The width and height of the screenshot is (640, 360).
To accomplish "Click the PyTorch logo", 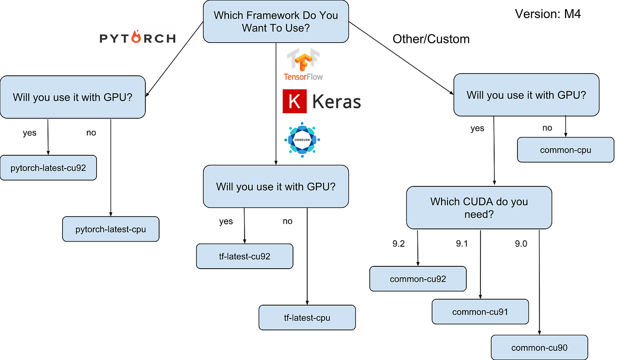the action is tap(138, 37).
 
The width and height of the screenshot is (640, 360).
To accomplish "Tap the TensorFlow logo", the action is tap(303, 64).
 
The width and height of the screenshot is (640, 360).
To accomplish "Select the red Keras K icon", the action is tap(294, 101).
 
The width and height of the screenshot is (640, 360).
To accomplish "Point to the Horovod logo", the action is tap(302, 140).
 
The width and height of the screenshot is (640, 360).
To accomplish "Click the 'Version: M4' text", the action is tap(548, 14).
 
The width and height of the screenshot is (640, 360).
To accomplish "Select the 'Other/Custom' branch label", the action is tap(431, 39).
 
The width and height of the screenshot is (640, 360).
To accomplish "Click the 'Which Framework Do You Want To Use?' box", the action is tap(276, 21).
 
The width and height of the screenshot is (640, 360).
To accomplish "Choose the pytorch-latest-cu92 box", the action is tap(48, 168).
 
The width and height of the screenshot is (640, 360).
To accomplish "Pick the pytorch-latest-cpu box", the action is tap(111, 229).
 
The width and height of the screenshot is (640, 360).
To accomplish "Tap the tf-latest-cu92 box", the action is tap(245, 256).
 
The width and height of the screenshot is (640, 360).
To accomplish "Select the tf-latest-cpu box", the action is tap(307, 318).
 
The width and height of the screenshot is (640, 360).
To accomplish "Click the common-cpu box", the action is tap(565, 150).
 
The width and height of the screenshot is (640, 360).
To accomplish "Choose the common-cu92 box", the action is tap(418, 279).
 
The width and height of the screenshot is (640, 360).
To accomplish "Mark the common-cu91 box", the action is tap(480, 312).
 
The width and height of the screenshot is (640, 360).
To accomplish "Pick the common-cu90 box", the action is tap(539, 348).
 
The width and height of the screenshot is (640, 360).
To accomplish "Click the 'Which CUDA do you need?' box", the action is tap(479, 207).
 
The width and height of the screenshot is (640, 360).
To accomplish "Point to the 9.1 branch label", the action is tap(462, 244).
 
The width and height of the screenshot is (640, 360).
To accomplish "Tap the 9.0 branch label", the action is tap(521, 244).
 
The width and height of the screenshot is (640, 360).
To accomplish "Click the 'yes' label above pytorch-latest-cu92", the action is tap(30, 133).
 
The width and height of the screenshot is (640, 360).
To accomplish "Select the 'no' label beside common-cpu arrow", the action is tap(547, 128).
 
